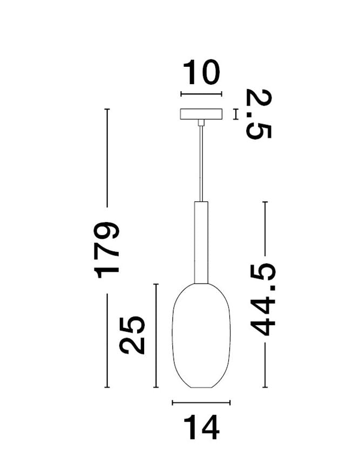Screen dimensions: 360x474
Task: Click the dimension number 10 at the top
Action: [x=201, y=72]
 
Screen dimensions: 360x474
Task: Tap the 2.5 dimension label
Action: [x=259, y=114]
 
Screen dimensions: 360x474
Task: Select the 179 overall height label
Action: [x=106, y=250]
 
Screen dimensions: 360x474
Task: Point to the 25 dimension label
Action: [x=132, y=335]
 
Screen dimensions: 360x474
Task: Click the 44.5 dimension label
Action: [x=263, y=299]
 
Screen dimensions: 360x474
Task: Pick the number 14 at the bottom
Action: [x=201, y=428]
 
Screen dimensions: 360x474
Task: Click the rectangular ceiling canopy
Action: [x=201, y=114]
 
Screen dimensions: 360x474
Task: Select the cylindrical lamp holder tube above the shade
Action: [x=201, y=242]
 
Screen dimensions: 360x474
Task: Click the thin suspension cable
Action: [x=201, y=163]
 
